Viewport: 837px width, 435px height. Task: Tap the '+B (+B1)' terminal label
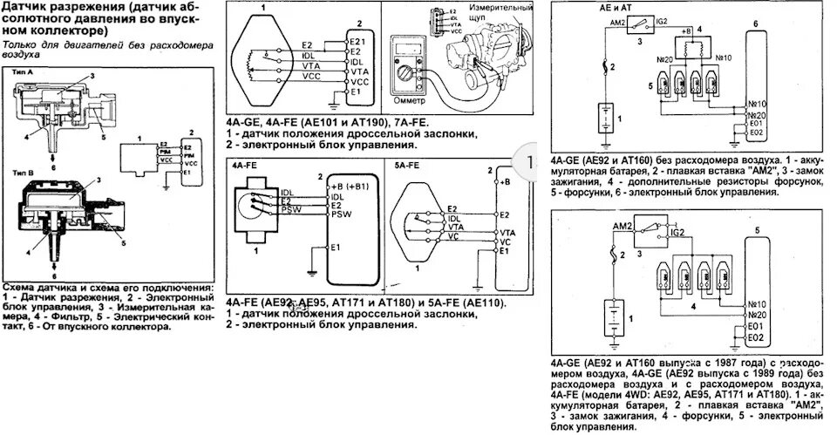(x=347, y=187)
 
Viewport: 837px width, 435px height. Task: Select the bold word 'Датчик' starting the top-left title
(x=25, y=8)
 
